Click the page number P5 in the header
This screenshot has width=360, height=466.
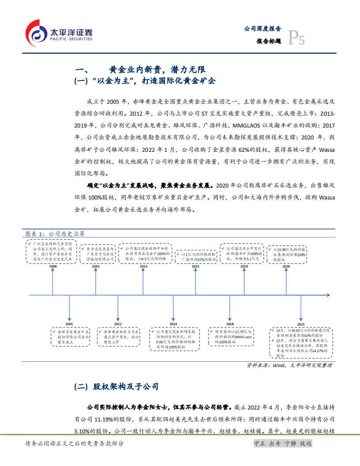pos(296,39)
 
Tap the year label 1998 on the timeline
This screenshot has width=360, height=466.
pos(52,267)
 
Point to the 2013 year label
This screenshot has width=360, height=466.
pos(144,267)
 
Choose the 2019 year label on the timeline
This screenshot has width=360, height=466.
pos(244,267)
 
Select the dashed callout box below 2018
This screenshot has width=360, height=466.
pos(231,336)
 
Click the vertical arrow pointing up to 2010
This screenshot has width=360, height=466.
pos(96,281)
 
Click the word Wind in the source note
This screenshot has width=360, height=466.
pos(279,365)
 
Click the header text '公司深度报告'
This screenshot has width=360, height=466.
pos(262,29)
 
